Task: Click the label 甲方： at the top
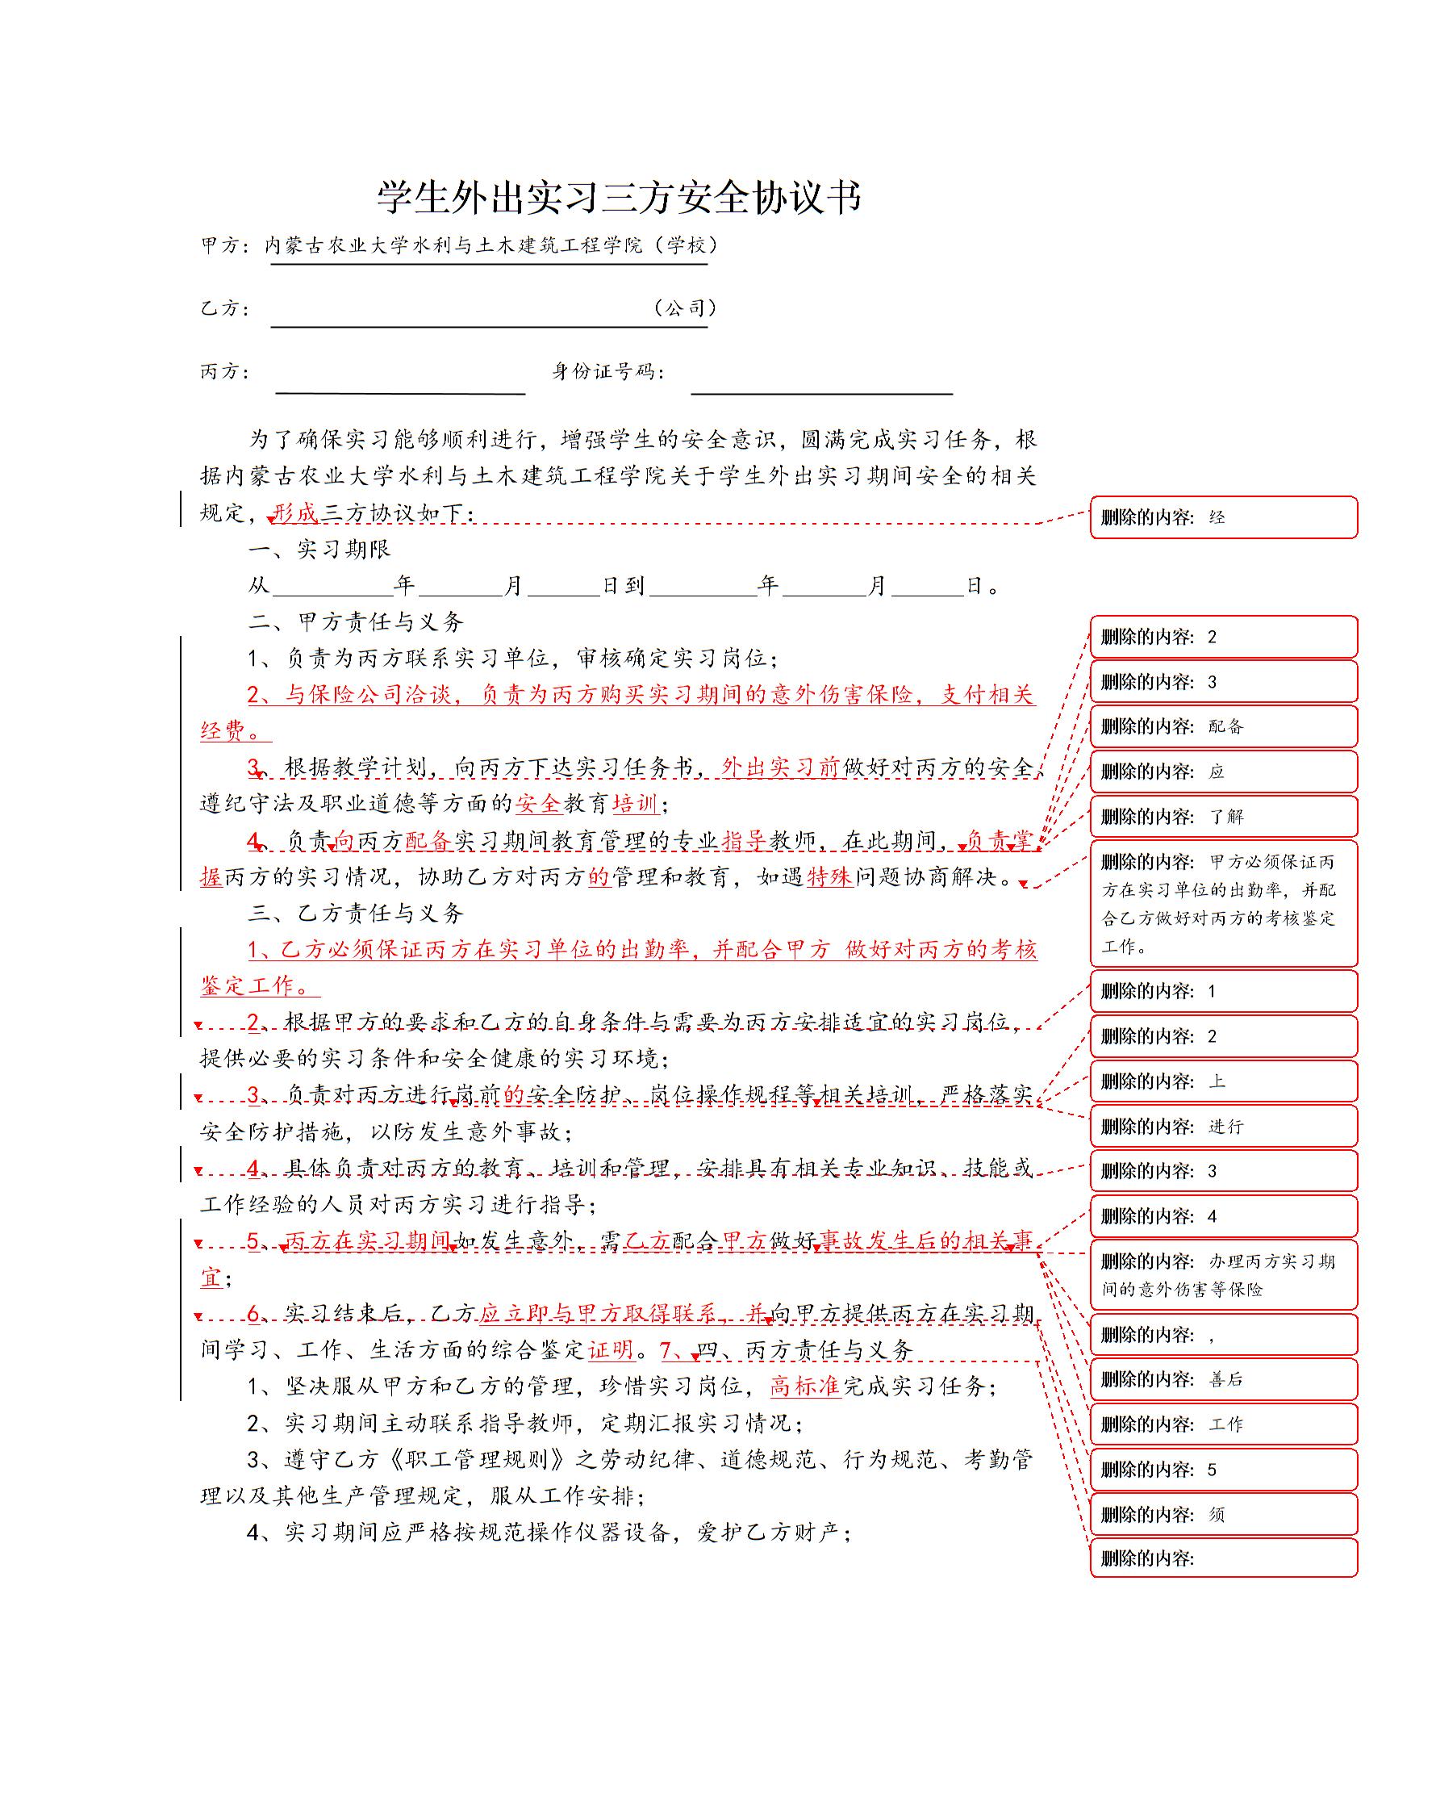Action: (225, 245)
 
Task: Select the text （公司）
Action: (683, 308)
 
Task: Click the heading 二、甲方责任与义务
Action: (356, 621)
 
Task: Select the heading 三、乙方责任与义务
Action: (356, 913)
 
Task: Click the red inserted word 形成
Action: (295, 512)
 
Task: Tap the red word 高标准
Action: (804, 1386)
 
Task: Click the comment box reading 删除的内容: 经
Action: (1223, 517)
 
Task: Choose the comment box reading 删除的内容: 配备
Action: (1223, 726)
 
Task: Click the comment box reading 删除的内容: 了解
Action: (1223, 817)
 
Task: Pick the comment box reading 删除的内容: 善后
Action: (1223, 1379)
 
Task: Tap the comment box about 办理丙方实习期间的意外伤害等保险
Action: (1223, 1275)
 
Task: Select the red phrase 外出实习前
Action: (780, 767)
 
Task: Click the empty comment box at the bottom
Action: (1223, 1559)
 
